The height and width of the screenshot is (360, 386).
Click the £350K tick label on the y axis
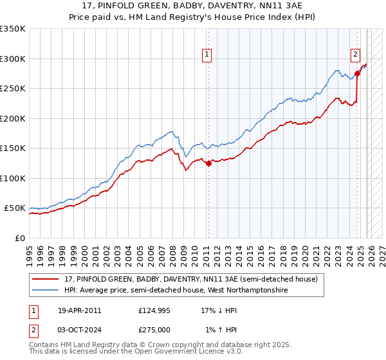click(x=13, y=29)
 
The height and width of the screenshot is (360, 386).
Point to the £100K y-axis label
click(x=13, y=178)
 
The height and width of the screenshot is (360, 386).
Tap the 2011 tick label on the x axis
click(x=207, y=250)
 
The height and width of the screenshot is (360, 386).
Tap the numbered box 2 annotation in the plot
click(x=354, y=55)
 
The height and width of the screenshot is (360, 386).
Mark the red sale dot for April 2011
click(x=208, y=163)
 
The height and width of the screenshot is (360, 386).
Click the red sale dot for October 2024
click(x=357, y=74)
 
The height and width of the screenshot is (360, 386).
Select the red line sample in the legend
click(x=46, y=280)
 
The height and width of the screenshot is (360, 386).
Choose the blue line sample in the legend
click(x=46, y=291)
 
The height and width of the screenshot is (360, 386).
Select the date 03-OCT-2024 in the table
click(x=79, y=329)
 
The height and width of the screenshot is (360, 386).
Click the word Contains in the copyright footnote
click(x=45, y=345)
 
